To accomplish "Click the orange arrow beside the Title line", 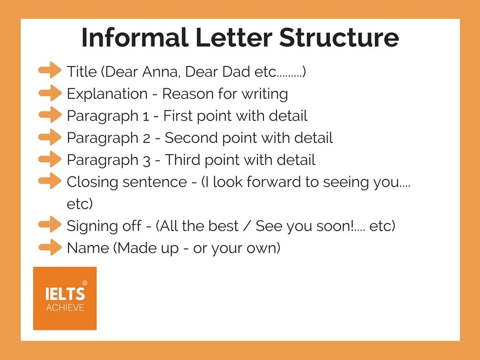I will click(x=50, y=71).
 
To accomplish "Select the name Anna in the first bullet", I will click(x=161, y=72).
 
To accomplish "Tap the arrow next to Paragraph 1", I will click(x=50, y=115).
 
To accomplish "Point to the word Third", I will click(x=184, y=160).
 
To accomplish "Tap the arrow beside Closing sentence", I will click(x=50, y=181).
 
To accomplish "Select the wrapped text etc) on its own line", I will click(x=79, y=204).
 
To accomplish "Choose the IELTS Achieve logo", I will click(x=65, y=298).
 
